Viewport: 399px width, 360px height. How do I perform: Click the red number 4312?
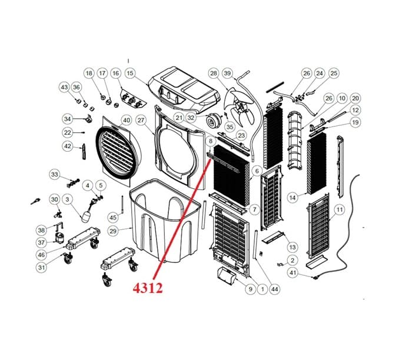pos(148,288)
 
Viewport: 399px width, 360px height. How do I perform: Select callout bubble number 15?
pos(130,74)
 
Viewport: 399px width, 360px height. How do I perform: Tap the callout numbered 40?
pos(127,120)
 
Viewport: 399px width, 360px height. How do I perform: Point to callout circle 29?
pos(113,231)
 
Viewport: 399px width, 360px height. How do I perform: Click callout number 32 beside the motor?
pos(191,118)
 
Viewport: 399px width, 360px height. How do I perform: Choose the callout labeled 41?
pos(293,273)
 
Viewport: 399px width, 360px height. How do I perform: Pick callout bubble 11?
pos(340,210)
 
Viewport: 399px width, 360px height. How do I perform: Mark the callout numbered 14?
pos(293,198)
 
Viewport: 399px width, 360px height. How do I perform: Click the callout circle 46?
pos(41,255)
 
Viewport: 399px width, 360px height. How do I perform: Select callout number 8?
pos(210,141)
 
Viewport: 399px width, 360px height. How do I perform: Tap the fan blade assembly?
pos(239,107)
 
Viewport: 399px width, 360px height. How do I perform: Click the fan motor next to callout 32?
pos(212,121)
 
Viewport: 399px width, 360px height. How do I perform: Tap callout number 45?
pos(113,218)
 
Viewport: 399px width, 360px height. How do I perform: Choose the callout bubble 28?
pos(214,74)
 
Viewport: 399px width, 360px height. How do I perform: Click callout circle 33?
pos(55,175)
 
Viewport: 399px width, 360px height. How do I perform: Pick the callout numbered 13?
pos(292,247)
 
